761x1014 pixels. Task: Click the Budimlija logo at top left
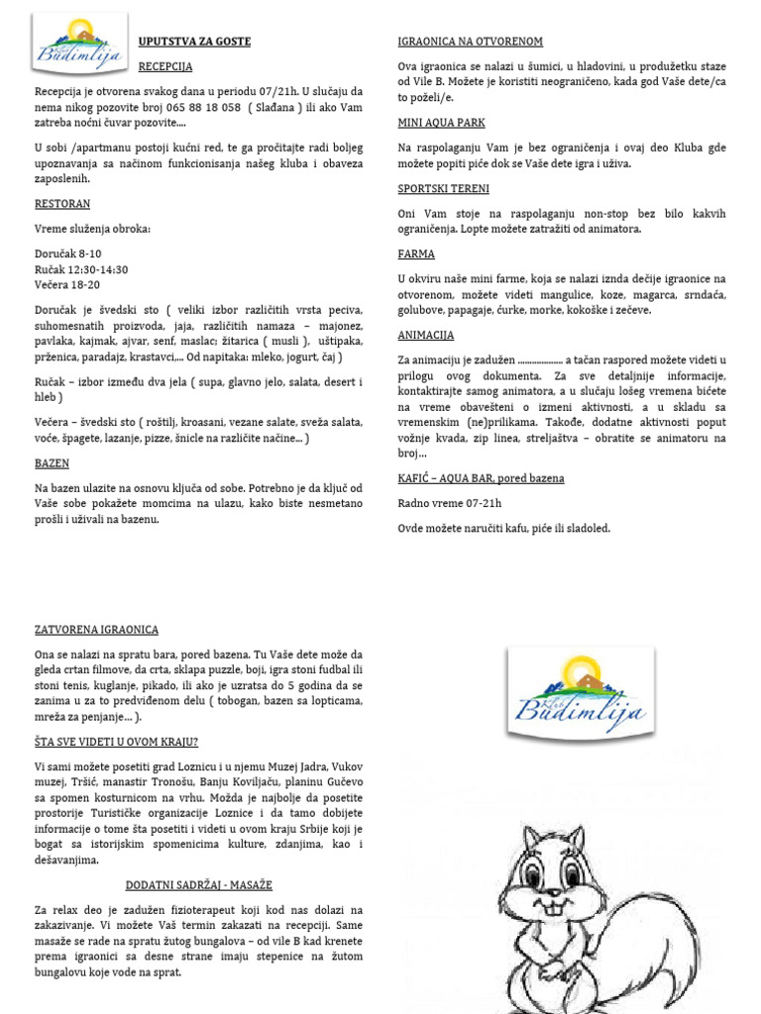coord(79,46)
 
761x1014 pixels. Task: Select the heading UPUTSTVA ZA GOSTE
coord(194,42)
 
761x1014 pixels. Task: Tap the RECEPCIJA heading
coord(165,67)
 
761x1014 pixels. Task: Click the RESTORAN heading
coord(62,204)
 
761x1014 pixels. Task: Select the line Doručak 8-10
coord(68,254)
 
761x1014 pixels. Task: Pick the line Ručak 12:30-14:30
coord(81,269)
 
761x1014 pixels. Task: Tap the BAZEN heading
coord(52,462)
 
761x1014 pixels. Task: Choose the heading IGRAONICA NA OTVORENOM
coord(470,42)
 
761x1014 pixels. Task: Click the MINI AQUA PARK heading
coord(442,122)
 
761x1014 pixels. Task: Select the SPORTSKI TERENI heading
coord(443,188)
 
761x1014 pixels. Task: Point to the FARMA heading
coord(416,253)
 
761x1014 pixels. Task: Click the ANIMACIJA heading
coord(426,335)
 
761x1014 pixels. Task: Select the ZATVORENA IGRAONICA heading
coord(96,630)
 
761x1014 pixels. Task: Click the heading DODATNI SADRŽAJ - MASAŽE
coord(199,884)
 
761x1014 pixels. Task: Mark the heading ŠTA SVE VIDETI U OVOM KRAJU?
coord(116,741)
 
